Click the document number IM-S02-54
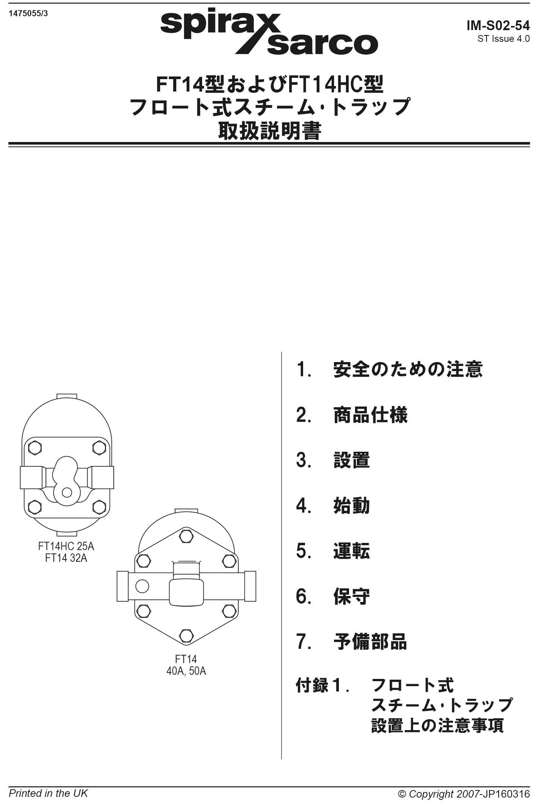(x=498, y=25)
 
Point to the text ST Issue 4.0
(x=503, y=38)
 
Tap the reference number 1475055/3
(x=28, y=14)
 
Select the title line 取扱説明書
(x=270, y=131)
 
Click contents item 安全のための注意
(x=408, y=369)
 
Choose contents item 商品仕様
(x=371, y=415)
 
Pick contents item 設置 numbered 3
(x=352, y=460)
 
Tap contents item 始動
(x=352, y=505)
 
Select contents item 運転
(x=352, y=550)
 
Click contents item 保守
(x=352, y=596)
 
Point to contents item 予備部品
(x=371, y=641)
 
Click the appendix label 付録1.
(x=323, y=685)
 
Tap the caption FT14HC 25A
(x=66, y=546)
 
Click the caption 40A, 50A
(x=186, y=671)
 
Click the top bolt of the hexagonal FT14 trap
(x=186, y=536)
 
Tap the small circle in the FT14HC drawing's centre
(x=67, y=492)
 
